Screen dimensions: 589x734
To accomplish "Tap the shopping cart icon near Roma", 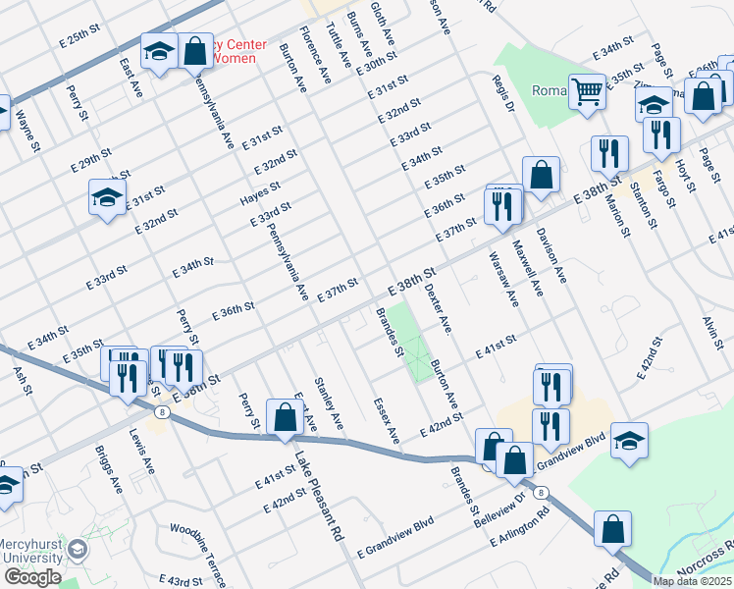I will (587, 93).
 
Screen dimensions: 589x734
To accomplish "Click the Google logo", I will (32, 577).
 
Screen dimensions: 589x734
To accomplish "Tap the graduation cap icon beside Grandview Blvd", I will (629, 441).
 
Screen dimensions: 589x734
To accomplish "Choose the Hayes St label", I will (260, 191).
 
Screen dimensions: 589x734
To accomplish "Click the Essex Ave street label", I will (387, 419).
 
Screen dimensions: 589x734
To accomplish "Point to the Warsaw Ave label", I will (503, 279).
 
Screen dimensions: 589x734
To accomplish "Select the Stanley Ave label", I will (328, 402).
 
